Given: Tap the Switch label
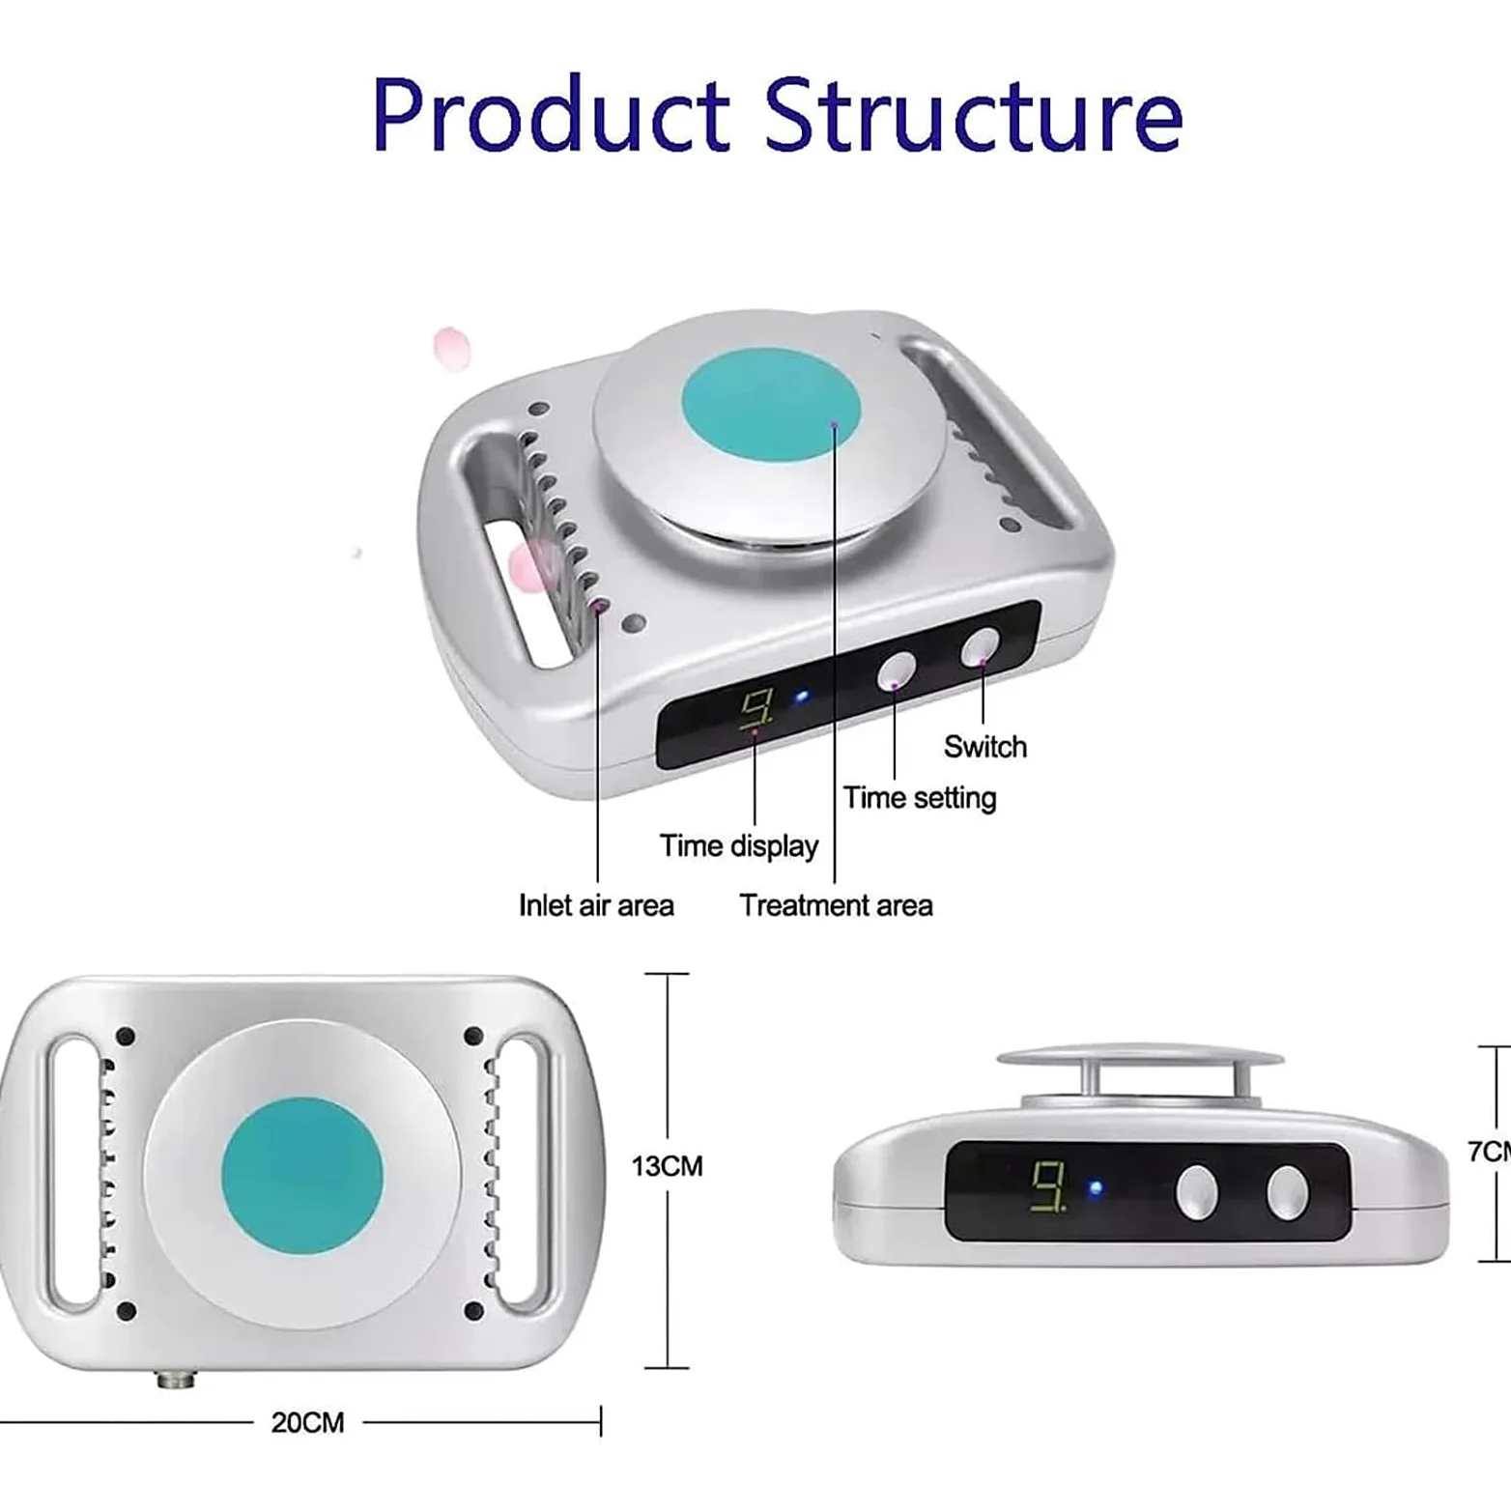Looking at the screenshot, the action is (x=985, y=747).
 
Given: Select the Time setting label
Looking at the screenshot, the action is (x=920, y=798).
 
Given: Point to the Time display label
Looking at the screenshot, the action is (x=739, y=846).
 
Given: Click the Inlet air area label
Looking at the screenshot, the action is (x=596, y=905).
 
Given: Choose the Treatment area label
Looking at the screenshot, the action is (x=837, y=905).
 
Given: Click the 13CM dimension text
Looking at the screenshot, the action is (x=668, y=1166).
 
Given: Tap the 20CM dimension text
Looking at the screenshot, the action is (x=307, y=1422).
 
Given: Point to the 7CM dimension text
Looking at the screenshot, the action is (x=1489, y=1152).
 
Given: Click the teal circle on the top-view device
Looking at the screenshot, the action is (x=302, y=1176).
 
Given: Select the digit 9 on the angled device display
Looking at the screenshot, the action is (x=755, y=710).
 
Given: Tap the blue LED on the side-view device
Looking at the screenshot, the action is (x=1096, y=1188).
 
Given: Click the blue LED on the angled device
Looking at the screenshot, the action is (x=801, y=697).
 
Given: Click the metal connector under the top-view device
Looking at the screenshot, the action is (x=176, y=1380).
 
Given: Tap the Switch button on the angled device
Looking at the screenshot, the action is (x=980, y=647).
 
